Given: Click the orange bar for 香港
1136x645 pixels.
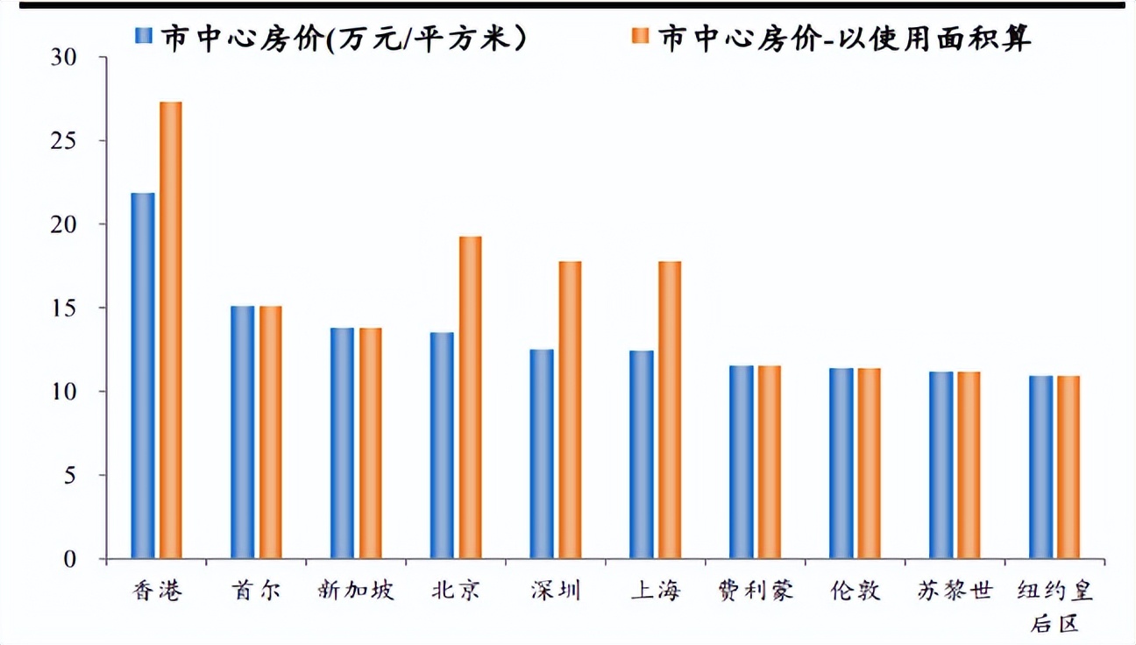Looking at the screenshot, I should [x=170, y=330].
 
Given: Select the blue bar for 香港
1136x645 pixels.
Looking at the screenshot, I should [x=143, y=376].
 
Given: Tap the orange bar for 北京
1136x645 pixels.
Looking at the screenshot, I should [x=470, y=397].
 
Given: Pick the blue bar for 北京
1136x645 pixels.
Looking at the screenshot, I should [x=443, y=445].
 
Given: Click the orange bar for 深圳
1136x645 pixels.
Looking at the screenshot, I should [x=570, y=409].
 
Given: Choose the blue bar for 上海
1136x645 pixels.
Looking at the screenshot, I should [x=642, y=454].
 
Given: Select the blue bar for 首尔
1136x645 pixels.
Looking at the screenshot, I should [x=243, y=432].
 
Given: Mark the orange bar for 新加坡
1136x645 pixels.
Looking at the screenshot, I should [x=370, y=443].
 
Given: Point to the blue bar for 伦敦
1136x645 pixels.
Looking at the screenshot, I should [x=841, y=463].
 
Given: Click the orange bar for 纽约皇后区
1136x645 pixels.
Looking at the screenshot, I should [x=1069, y=467].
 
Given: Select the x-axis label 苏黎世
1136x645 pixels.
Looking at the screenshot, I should [x=955, y=590].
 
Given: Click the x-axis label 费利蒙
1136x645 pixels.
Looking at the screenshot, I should [x=755, y=590].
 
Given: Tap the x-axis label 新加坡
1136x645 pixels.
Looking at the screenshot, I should [x=356, y=590].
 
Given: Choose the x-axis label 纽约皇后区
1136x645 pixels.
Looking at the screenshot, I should [x=1055, y=605].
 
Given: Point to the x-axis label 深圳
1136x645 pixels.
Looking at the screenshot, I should [x=556, y=590].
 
